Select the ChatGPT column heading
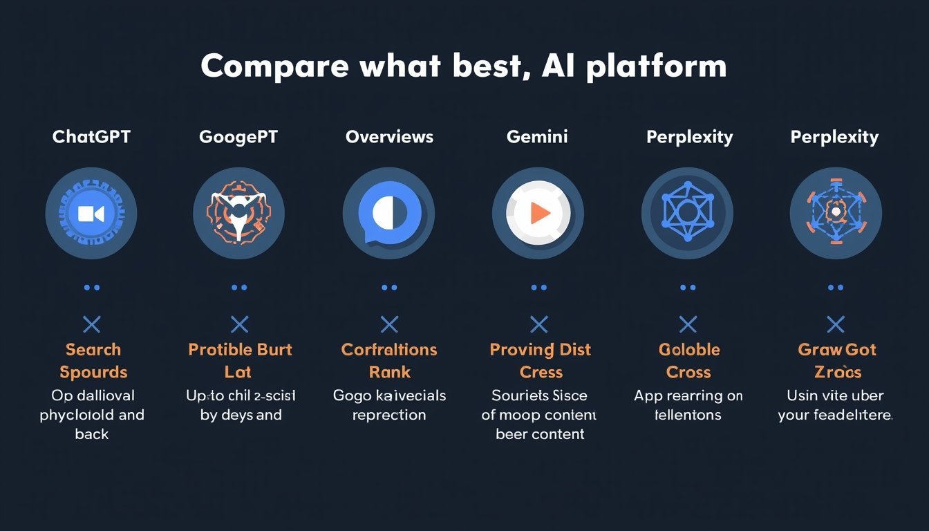(91, 137)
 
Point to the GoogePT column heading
(238, 137)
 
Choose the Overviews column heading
(389, 137)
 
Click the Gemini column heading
(537, 137)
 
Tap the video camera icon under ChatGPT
(91, 213)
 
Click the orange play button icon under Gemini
(538, 213)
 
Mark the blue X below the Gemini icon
(538, 324)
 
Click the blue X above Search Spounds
(91, 324)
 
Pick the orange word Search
(93, 350)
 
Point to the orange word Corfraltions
(389, 350)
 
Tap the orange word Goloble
(689, 350)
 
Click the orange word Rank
(389, 372)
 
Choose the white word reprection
(389, 415)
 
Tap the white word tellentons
(688, 415)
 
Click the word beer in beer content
(512, 434)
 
